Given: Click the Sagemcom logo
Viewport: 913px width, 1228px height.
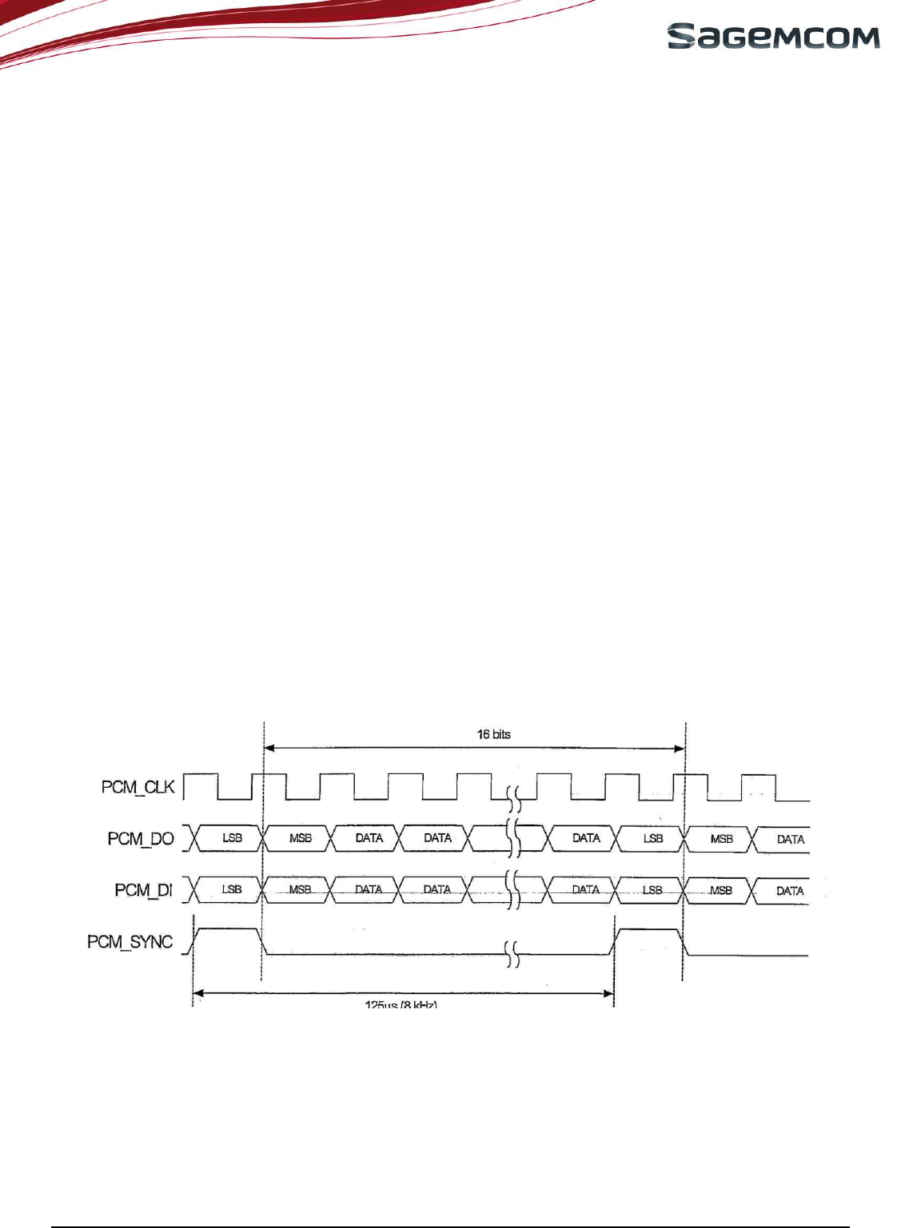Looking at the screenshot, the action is tap(773, 37).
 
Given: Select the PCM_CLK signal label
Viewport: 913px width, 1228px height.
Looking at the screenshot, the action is tap(138, 787).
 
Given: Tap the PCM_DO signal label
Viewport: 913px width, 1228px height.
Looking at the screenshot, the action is tap(141, 839).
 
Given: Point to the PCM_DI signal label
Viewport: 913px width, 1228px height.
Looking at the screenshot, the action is tap(143, 890).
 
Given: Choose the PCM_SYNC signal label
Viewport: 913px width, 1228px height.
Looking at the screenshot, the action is tap(130, 942).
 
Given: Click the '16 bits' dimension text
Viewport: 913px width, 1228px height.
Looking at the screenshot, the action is tap(493, 734).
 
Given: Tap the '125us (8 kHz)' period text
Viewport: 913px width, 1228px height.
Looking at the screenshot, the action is tap(401, 1003).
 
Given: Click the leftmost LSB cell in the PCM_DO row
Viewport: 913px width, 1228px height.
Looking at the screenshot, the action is tap(232, 838).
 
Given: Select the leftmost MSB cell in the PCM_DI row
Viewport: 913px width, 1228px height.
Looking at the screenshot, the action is tap(300, 889).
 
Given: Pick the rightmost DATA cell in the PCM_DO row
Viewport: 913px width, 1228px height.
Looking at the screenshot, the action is tap(790, 839).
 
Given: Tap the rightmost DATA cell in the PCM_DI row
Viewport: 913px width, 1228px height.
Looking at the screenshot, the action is tap(790, 891).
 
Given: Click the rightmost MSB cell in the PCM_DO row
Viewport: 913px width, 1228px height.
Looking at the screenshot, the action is tap(721, 839).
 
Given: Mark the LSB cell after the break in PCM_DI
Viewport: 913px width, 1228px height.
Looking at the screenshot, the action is tap(652, 890).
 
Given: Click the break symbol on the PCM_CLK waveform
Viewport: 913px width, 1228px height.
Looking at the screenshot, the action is tap(515, 796).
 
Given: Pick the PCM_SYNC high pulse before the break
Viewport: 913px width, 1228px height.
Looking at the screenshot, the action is tap(228, 930).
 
